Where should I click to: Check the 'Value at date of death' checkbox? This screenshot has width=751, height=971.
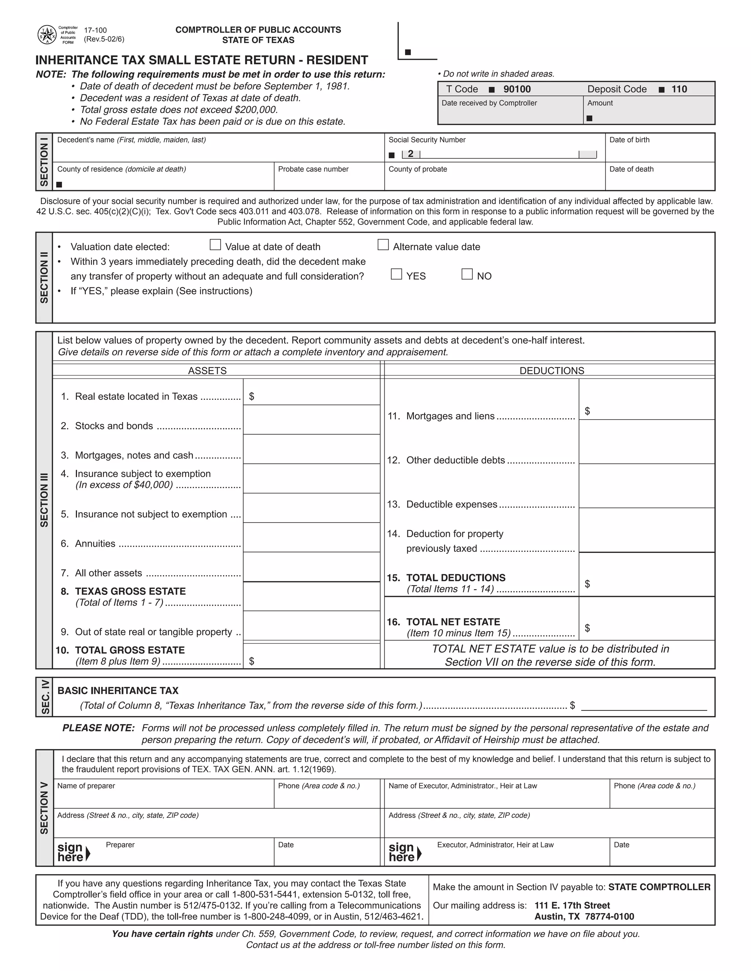[215, 245]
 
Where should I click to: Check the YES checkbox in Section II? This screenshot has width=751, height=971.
[396, 274]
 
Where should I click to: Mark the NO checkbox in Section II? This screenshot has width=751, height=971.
[467, 274]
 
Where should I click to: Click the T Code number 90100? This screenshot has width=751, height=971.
[517, 89]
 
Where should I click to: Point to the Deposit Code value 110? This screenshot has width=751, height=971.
[679, 89]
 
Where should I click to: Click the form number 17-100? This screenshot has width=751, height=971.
[95, 30]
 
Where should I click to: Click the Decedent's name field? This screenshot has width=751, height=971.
[218, 152]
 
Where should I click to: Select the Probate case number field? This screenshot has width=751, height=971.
[329, 181]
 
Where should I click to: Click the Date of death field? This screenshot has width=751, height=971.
[659, 181]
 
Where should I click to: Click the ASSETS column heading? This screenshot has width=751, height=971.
[207, 371]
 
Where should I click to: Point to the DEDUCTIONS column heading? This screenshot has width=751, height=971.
[552, 371]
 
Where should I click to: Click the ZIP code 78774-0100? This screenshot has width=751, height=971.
[609, 917]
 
